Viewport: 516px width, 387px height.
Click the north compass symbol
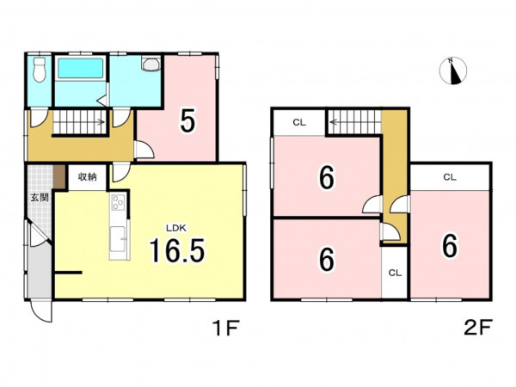453,71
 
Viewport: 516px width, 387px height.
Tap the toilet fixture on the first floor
40,71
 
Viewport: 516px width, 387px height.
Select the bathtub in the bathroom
80,68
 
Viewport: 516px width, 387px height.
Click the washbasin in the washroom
151,64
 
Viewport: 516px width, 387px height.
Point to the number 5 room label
187,120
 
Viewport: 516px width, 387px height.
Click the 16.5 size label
177,251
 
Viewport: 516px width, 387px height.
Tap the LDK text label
176,228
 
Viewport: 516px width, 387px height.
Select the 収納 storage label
87,176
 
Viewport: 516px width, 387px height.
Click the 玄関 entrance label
40,198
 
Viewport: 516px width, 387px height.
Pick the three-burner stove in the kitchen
118,202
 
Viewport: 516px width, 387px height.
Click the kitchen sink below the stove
118,239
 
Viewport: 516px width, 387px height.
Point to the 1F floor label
225,329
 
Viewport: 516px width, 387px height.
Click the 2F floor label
478,328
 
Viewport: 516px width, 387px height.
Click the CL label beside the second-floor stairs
299,123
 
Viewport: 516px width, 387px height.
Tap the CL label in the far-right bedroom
450,177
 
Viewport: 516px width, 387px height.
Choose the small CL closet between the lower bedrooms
395,273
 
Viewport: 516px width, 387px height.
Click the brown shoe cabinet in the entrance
58,176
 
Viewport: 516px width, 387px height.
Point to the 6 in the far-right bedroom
450,246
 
